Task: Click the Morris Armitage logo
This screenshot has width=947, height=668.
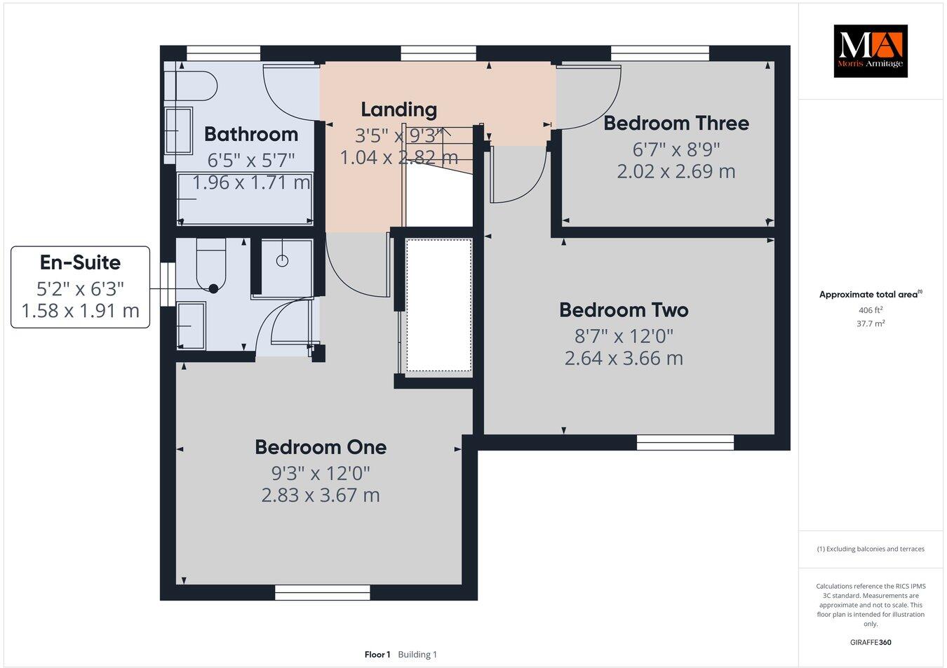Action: click(870, 51)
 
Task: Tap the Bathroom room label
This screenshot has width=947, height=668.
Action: click(251, 134)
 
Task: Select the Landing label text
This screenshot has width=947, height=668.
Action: click(398, 109)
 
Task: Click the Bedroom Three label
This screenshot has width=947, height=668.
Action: click(676, 123)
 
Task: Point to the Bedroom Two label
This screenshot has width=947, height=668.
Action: click(624, 309)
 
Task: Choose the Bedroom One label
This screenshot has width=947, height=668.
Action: click(321, 447)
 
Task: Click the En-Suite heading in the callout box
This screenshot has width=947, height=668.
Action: click(80, 262)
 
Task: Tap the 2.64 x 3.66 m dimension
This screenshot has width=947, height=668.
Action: click(624, 358)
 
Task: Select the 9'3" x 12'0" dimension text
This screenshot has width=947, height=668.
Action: click(321, 472)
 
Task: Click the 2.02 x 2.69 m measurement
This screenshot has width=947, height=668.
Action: click(676, 171)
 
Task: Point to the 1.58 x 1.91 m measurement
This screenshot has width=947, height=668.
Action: click(80, 310)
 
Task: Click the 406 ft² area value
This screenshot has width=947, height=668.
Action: click(870, 310)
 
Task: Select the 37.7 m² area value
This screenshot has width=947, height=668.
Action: click(870, 323)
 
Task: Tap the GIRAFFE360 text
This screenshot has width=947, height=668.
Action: click(870, 642)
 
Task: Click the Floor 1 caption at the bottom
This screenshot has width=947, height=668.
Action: click(377, 655)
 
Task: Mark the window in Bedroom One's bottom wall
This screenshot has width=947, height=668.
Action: click(322, 594)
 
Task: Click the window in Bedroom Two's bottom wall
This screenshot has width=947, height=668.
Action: click(685, 443)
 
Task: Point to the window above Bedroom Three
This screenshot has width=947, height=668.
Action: click(659, 53)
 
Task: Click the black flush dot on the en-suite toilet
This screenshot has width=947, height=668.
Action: click(213, 288)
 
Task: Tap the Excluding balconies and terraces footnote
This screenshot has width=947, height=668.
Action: click(870, 549)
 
